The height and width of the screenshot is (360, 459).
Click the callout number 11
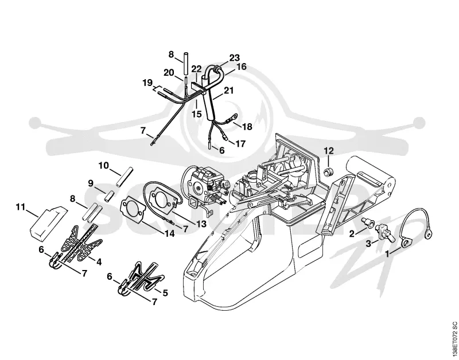click(21, 207)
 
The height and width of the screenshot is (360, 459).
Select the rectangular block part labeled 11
click(48, 222)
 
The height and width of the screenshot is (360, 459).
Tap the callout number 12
click(329, 151)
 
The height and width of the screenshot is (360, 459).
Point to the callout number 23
click(234, 58)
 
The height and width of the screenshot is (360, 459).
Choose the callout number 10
click(103, 166)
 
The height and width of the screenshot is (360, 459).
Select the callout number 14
click(169, 233)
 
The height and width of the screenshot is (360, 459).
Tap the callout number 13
click(201, 224)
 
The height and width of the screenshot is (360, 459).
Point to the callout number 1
click(387, 254)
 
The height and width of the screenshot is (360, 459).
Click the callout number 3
click(368, 243)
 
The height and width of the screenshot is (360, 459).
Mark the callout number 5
click(165, 292)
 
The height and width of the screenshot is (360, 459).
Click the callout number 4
click(99, 262)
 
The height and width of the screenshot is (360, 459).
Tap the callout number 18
click(247, 127)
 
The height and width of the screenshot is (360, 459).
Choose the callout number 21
click(228, 91)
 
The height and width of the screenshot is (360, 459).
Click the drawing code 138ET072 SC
click(454, 339)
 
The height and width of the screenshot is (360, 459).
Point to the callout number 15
click(197, 114)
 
